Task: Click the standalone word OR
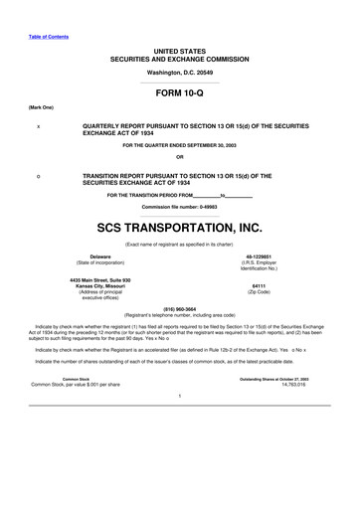click(179, 157)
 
